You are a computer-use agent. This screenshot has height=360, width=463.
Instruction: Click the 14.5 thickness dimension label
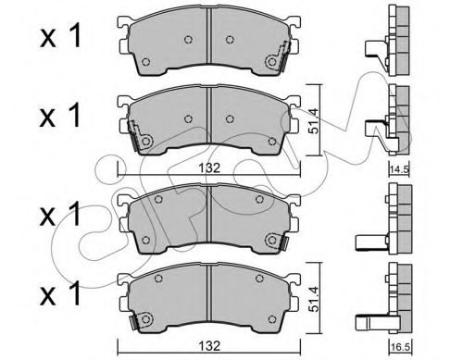click(399, 170)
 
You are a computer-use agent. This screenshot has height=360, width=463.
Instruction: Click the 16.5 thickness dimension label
click(399, 348)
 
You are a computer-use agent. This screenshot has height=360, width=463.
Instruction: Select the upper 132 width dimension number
click(209, 168)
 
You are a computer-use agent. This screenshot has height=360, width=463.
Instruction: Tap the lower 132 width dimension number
click(209, 346)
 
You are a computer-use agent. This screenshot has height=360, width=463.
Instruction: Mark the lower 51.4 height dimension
click(314, 298)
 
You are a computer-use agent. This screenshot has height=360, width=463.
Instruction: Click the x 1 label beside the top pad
click(60, 36)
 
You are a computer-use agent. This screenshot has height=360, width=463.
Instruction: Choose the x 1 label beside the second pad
click(60, 116)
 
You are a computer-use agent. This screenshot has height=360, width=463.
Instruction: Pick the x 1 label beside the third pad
click(60, 214)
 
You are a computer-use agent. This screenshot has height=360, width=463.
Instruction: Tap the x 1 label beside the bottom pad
click(60, 293)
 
